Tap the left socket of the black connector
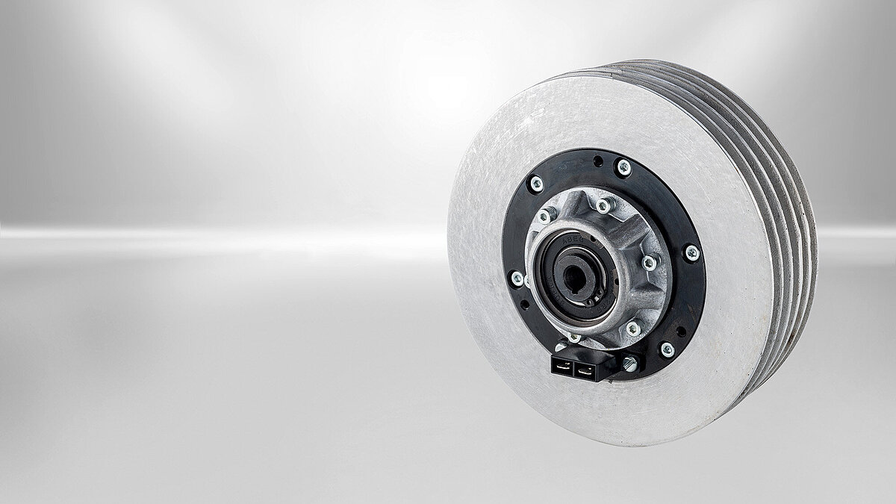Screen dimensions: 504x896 click(x=562, y=367)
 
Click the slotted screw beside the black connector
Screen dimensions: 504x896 click(x=629, y=363)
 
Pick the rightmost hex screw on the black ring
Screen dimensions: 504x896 click(x=692, y=252)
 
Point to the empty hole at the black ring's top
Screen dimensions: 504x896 click(x=598, y=160)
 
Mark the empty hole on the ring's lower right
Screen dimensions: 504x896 click(x=682, y=331)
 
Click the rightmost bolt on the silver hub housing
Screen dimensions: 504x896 click(x=650, y=262)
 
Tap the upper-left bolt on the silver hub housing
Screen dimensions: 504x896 click(x=546, y=216)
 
